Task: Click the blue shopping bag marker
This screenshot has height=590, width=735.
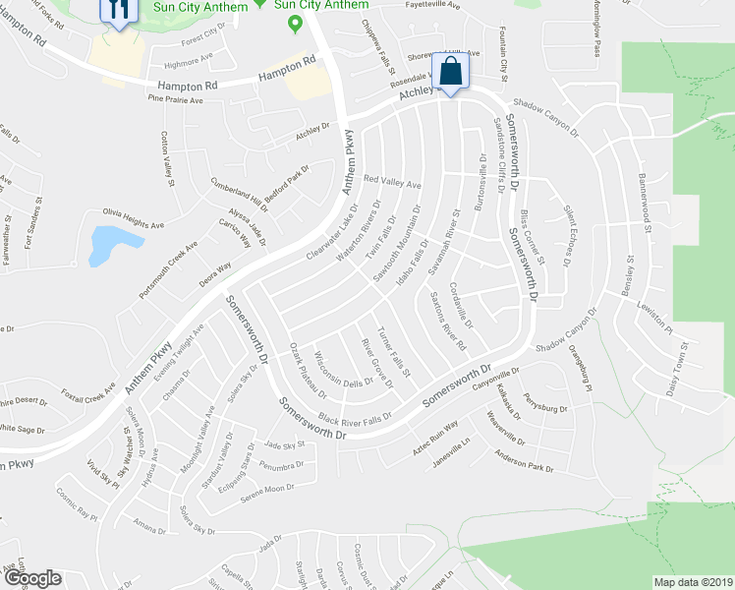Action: [450, 72]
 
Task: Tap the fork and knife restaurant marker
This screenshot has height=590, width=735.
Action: [118, 10]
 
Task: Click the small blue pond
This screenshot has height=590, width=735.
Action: [102, 245]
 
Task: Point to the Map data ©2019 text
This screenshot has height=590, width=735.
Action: [693, 582]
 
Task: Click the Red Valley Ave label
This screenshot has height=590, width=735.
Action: [392, 182]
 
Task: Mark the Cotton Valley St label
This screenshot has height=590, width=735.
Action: [167, 158]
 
